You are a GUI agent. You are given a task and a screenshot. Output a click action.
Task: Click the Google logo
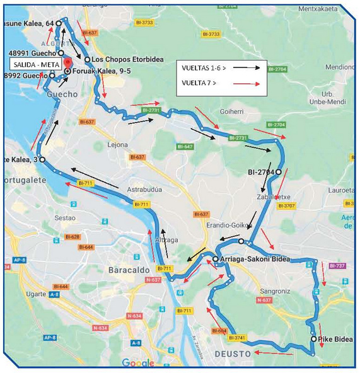click(x=137, y=363)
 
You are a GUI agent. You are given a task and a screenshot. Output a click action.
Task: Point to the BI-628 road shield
click(x=72, y=237)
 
